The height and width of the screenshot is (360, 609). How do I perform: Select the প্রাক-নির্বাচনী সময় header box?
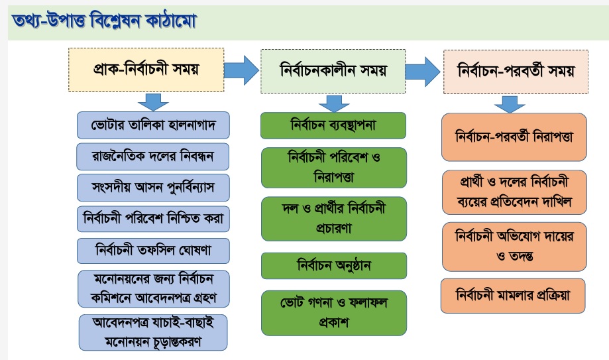click(x=146, y=69)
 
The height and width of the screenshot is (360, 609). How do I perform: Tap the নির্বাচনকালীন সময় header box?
click(x=333, y=69)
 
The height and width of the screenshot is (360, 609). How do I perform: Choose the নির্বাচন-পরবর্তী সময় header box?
click(x=515, y=69)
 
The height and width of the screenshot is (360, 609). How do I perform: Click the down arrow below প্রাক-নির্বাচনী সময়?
click(x=153, y=102)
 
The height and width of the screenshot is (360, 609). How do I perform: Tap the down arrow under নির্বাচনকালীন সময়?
click(x=334, y=102)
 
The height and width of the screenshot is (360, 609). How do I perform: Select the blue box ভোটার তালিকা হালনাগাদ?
click(x=152, y=124)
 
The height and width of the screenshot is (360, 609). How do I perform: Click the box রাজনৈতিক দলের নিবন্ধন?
click(x=152, y=156)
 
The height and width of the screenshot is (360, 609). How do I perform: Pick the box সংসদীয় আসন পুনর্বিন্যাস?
click(x=152, y=188)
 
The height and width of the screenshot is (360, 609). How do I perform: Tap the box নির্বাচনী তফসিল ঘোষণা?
click(x=152, y=251)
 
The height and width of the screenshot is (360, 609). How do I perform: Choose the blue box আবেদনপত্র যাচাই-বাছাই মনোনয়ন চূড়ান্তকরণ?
click(x=152, y=332)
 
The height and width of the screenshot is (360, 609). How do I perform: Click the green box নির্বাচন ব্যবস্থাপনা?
click(x=333, y=125)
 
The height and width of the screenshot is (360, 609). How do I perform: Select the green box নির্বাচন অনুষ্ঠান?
click(x=333, y=266)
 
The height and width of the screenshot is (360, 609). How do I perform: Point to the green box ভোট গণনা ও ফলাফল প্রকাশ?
click(x=333, y=312)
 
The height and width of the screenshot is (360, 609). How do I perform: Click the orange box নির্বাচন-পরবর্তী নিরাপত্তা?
click(x=514, y=137)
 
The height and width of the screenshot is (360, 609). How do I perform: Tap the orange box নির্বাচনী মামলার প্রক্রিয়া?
click(x=514, y=296)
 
